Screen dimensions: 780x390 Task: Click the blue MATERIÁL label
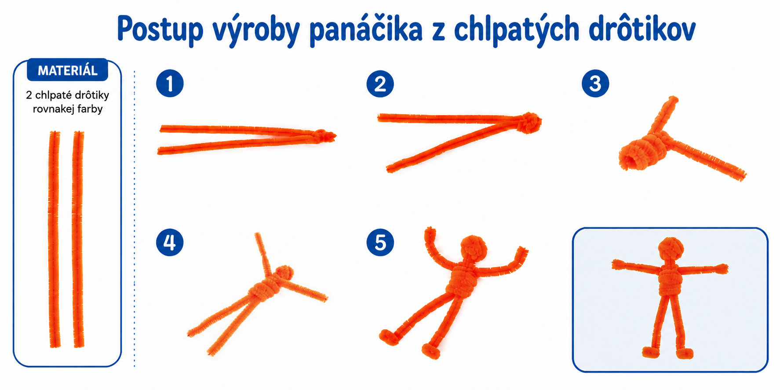coord(67,70)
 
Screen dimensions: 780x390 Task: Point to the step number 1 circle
coord(170,84)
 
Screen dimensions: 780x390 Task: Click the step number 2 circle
coord(380,84)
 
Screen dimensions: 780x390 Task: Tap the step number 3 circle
coord(595,84)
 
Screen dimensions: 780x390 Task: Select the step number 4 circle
coord(170,242)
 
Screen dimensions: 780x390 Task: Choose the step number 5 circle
coord(380,242)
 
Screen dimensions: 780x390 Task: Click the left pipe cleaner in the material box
coord(54,239)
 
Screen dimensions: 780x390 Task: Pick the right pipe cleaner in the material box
coord(78,239)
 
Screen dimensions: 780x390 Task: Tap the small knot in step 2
coord(530,122)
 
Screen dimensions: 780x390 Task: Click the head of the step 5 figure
coord(474,248)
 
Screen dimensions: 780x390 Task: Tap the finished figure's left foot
coord(651,352)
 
